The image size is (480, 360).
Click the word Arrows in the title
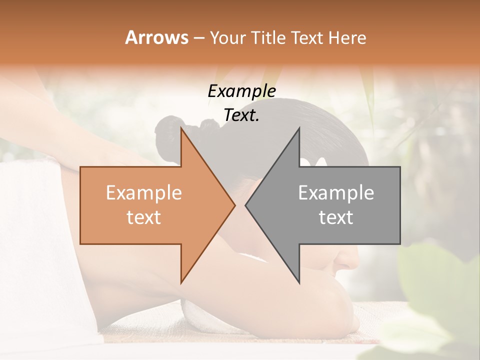pos(156,37)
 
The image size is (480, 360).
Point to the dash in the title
pos(198,38)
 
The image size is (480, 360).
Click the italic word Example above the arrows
pos(241,91)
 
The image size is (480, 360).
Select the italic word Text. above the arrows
pos(241,115)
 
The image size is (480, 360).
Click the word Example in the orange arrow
pos(144,193)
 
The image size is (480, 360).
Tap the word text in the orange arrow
pos(144,217)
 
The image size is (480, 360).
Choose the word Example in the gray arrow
pos(336,193)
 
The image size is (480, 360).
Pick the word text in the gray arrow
pos(336,217)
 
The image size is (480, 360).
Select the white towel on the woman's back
pos(30,225)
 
